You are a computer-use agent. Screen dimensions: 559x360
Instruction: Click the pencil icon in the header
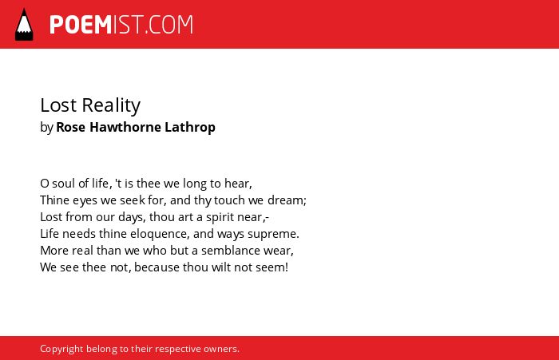(x=24, y=24)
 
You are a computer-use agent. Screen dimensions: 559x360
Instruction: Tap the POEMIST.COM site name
(x=121, y=25)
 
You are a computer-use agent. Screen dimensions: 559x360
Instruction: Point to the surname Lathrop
(x=190, y=128)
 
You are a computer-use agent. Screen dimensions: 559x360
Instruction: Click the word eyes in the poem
(x=85, y=200)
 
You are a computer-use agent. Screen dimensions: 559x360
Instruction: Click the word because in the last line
(x=157, y=267)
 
